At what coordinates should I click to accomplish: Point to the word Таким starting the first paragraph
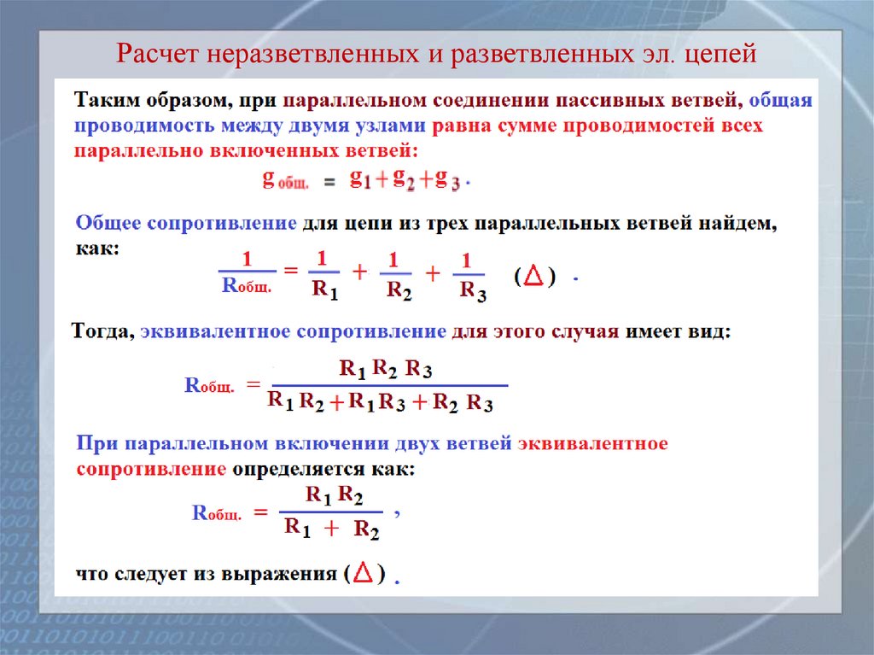[104, 101]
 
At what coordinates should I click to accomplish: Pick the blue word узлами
[386, 126]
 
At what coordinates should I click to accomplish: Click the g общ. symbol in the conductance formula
[285, 180]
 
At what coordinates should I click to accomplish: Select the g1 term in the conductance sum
[359, 179]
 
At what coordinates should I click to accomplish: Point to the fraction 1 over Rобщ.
[247, 273]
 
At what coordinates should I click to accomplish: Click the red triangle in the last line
[363, 574]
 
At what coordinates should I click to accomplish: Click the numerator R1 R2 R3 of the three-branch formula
[386, 369]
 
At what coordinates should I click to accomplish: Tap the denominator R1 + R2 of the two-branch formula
[332, 529]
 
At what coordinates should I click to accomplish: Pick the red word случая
[583, 330]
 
